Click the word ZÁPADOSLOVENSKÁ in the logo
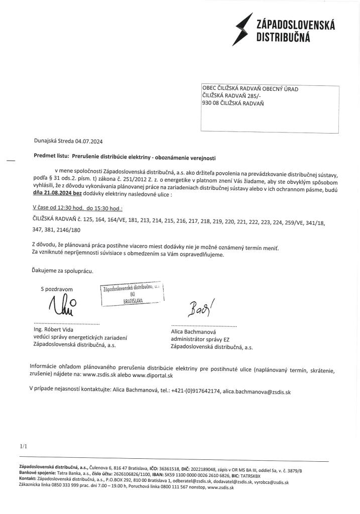click(x=295, y=25)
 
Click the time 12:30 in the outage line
click(x=67, y=208)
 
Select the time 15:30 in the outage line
click(x=101, y=208)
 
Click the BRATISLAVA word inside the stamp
click(x=133, y=301)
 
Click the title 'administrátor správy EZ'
click(x=199, y=339)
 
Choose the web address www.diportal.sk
click(x=153, y=375)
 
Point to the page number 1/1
click(x=24, y=446)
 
